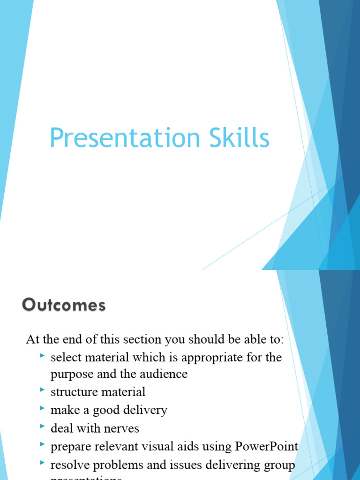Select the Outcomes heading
pyautogui.click(x=64, y=306)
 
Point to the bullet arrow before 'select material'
pyautogui.click(x=42, y=357)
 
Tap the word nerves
pyautogui.click(x=123, y=428)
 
